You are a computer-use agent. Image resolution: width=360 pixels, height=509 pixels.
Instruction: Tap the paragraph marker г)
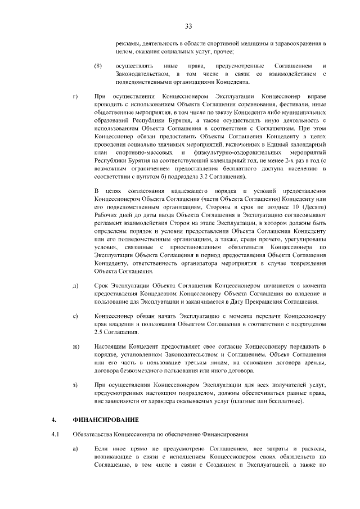coord(75,97)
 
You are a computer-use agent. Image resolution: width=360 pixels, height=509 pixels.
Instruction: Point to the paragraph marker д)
coord(75,286)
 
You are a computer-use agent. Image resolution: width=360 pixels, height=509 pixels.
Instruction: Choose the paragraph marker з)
coord(75,384)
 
